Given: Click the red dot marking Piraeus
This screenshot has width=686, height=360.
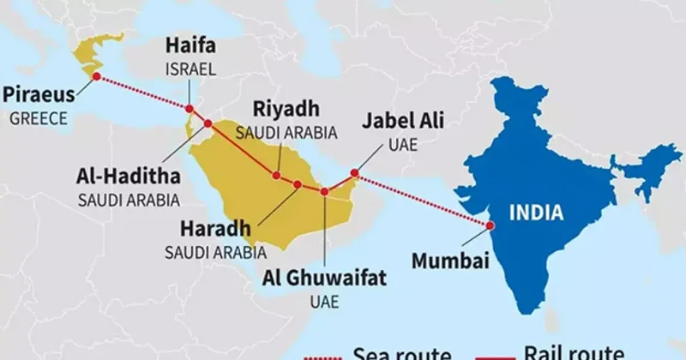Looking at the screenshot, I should [x=96, y=76].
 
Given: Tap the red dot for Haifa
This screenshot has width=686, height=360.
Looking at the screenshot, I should [x=189, y=109].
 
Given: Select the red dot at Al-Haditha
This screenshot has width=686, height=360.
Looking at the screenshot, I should [x=208, y=124].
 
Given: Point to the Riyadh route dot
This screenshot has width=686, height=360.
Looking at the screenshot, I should [x=276, y=176].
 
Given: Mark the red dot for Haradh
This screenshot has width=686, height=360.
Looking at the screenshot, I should [x=298, y=184].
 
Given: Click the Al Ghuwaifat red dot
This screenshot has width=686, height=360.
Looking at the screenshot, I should [x=324, y=191].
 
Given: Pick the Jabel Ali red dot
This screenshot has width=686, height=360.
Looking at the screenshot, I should [x=354, y=173].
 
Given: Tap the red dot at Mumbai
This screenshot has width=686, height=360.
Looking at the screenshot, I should [x=490, y=225].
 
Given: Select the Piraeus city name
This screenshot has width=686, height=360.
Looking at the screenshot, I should [x=39, y=94].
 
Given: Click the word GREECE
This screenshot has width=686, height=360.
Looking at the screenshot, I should [x=39, y=118].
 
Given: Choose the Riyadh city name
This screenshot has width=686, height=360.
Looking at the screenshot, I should [x=286, y=109].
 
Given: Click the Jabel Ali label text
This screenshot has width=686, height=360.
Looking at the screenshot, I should [x=402, y=122].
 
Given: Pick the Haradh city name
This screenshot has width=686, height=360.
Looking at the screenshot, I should [x=214, y=229].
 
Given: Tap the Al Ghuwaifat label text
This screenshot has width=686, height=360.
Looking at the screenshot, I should [x=323, y=276].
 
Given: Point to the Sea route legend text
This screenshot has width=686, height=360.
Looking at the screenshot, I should [x=401, y=352].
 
